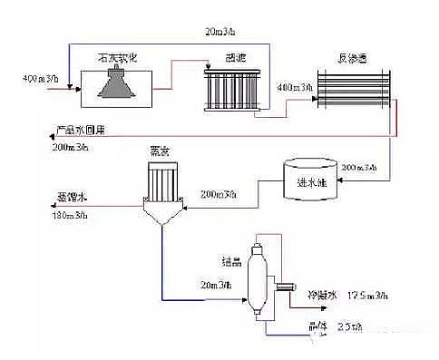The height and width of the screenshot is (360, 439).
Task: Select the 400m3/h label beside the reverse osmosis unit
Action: click(291, 89)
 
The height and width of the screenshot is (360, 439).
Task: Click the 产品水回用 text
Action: click(81, 131)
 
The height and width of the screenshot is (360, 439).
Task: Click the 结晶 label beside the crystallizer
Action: click(230, 261)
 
